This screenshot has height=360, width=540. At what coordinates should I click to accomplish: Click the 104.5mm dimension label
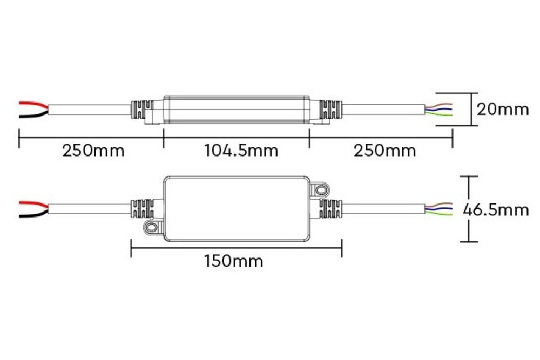pyautogui.click(x=241, y=150)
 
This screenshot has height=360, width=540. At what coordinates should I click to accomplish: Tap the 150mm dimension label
pyautogui.click(x=234, y=261)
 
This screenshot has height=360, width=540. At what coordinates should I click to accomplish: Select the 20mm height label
pyautogui.click(x=502, y=110)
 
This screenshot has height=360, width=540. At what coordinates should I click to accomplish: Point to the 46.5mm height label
pyautogui.click(x=496, y=209)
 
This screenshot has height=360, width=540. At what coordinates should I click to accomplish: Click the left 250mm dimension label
pyautogui.click(x=93, y=150)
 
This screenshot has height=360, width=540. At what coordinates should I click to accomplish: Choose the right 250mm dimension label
pyautogui.click(x=384, y=150)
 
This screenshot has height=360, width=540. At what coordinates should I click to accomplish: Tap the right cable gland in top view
pyautogui.click(x=330, y=110)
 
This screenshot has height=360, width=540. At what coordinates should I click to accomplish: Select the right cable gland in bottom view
pyautogui.click(x=330, y=209)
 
